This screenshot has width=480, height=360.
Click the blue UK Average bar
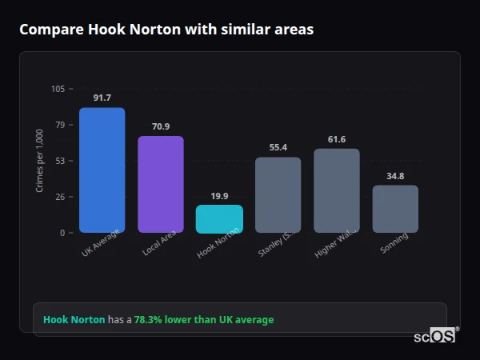pyautogui.click(x=102, y=170)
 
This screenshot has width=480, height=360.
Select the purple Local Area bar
pyautogui.click(x=161, y=184)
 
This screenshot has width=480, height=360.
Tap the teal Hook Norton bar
pyautogui.click(x=219, y=219)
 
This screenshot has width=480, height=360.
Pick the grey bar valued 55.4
pyautogui.click(x=278, y=194)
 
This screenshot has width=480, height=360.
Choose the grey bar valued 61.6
pyautogui.click(x=337, y=190)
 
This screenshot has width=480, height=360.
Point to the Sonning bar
pyautogui.click(x=395, y=209)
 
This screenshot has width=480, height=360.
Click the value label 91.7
pyautogui.click(x=102, y=98)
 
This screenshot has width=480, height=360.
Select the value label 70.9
pyautogui.click(x=161, y=126)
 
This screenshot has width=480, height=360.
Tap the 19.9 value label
pyautogui.click(x=219, y=196)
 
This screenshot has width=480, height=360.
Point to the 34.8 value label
pyautogui.click(x=395, y=176)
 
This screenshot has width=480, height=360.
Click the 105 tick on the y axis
pyautogui.click(x=58, y=89)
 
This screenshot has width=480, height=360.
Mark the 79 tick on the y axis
pyautogui.click(x=60, y=125)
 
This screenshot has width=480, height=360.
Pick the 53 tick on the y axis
pyautogui.click(x=60, y=161)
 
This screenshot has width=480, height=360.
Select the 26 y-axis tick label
pyautogui.click(x=60, y=197)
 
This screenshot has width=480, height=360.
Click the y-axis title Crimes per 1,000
pyautogui.click(x=40, y=161)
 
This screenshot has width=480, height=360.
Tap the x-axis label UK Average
pyautogui.click(x=100, y=243)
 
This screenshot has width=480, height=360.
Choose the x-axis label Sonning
pyautogui.click(x=394, y=242)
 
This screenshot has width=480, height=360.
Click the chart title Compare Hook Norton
pyautogui.click(x=166, y=30)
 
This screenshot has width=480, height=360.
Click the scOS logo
pyautogui.click(x=435, y=336)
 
